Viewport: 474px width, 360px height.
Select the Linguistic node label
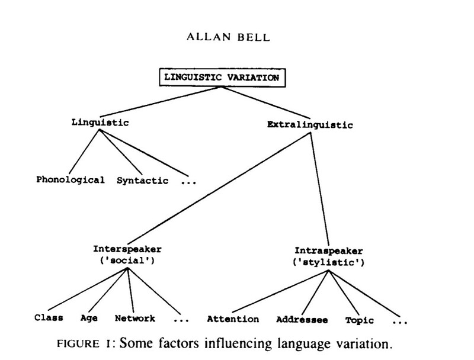pyautogui.click(x=99, y=123)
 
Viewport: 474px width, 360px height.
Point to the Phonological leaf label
pyautogui.click(x=70, y=179)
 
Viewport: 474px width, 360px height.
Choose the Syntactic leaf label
pyautogui.click(x=142, y=179)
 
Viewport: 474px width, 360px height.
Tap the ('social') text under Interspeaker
pyautogui.click(x=126, y=260)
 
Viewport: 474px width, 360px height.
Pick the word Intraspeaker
pyautogui.click(x=328, y=250)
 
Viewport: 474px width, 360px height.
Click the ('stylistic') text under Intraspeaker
pyautogui.click(x=328, y=261)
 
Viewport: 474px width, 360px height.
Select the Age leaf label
pyautogui.click(x=89, y=318)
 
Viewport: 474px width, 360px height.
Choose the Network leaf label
pyautogui.click(x=135, y=318)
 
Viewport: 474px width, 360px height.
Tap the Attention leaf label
pyautogui.click(x=233, y=319)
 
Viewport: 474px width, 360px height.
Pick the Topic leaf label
pyautogui.click(x=360, y=320)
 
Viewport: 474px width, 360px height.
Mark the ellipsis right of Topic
pyautogui.click(x=401, y=322)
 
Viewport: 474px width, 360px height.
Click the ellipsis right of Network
pyautogui.click(x=181, y=320)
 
